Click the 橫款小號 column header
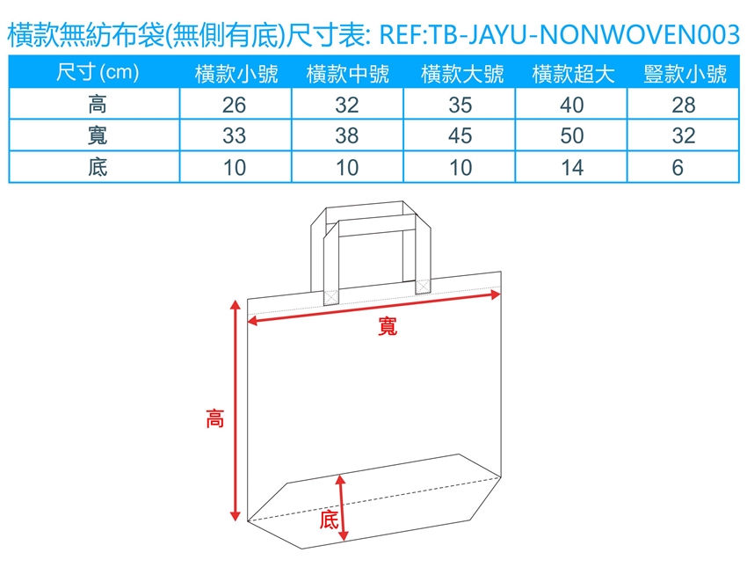[236, 74]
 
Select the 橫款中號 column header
[348, 74]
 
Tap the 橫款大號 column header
[462, 74]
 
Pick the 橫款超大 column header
[573, 74]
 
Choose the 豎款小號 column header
[685, 74]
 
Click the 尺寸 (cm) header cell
[98, 72]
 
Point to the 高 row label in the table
[98, 105]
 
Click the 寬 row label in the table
[98, 135]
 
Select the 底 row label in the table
[98, 167]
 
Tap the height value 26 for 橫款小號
[234, 105]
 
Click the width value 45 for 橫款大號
[461, 135]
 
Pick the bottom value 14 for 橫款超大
[572, 168]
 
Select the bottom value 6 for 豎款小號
[678, 168]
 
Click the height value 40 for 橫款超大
[572, 105]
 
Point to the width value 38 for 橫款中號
[347, 135]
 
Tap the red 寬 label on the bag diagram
[388, 326]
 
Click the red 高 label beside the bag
[214, 418]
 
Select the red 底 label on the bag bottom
[329, 520]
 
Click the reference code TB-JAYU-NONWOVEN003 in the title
[584, 35]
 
